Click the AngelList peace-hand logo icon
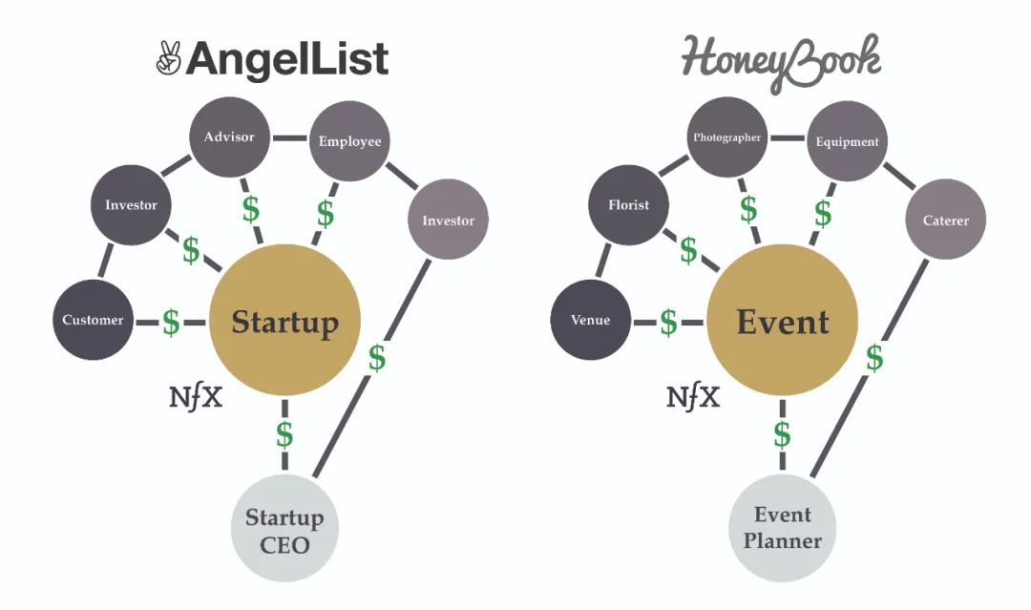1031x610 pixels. (x=168, y=59)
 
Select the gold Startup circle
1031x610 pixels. (x=284, y=322)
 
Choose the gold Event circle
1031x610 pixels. (x=782, y=322)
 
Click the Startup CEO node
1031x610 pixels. (x=284, y=530)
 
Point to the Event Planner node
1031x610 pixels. (x=782, y=528)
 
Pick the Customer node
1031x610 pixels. (x=93, y=320)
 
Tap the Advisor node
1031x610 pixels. (x=229, y=137)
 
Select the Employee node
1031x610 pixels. (x=349, y=141)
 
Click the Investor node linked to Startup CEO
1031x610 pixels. (x=448, y=221)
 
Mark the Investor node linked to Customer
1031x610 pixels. (x=131, y=204)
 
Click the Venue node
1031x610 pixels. (x=590, y=320)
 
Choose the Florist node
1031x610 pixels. (x=628, y=204)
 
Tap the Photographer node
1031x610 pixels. (x=726, y=137)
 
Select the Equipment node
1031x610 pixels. (x=847, y=141)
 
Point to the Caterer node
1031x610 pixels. (x=945, y=221)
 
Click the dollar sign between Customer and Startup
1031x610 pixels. (x=171, y=322)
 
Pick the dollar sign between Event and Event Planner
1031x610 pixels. (x=782, y=434)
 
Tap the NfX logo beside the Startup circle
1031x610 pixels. (x=196, y=396)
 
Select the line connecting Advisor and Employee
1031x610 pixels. (x=289, y=137)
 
